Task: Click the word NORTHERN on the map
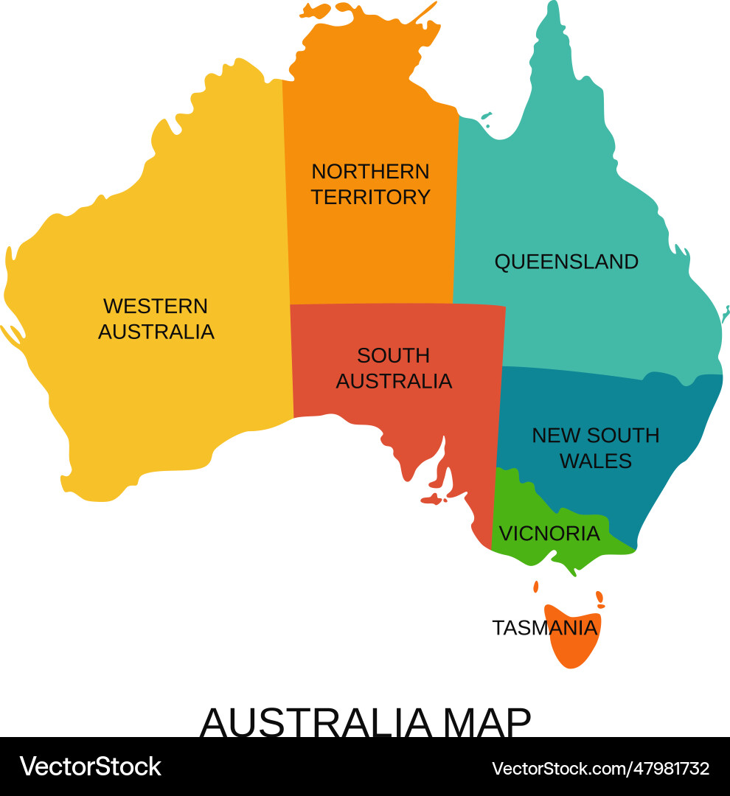pyautogui.click(x=370, y=172)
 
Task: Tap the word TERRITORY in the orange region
pyautogui.click(x=370, y=198)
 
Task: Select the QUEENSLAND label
pyautogui.click(x=566, y=262)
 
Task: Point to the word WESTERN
pyautogui.click(x=156, y=306)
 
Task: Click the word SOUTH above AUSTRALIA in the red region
pyautogui.click(x=393, y=355)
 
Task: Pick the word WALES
pyautogui.click(x=596, y=461)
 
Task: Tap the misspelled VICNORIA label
pyautogui.click(x=549, y=533)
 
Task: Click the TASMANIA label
pyautogui.click(x=544, y=628)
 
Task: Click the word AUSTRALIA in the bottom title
pyautogui.click(x=315, y=723)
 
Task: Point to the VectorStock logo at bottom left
pyautogui.click(x=90, y=767)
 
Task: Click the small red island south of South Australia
pyautogui.click(x=433, y=500)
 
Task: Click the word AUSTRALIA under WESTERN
pyautogui.click(x=156, y=332)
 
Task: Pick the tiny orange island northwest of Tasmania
pyautogui.click(x=536, y=587)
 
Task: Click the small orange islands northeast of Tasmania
pyautogui.click(x=600, y=599)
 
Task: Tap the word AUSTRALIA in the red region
pyautogui.click(x=394, y=381)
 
